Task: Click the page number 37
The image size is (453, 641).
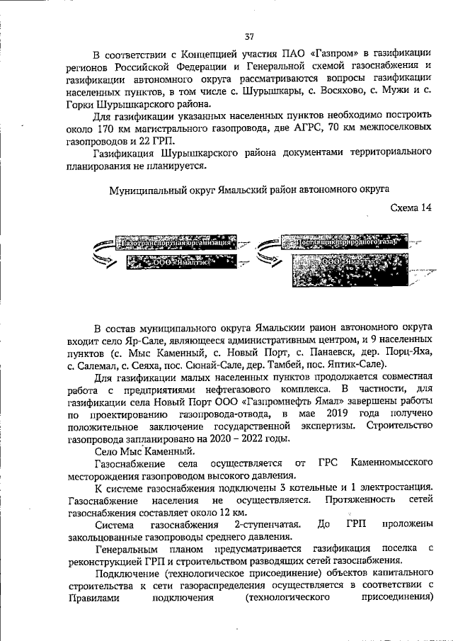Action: (x=249, y=36)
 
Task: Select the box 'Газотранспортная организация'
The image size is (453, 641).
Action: (x=177, y=243)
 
